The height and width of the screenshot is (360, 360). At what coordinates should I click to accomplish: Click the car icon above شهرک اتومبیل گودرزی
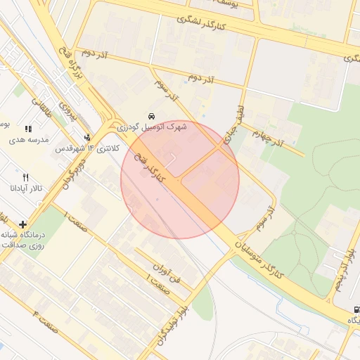pyautogui.click(x=151, y=116)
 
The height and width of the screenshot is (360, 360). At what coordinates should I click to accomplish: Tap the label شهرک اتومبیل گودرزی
pyautogui.click(x=151, y=127)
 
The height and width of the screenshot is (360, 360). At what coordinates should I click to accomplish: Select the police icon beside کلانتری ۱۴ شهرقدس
pyautogui.click(x=87, y=138)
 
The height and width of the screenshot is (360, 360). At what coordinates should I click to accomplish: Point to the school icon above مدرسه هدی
pyautogui.click(x=28, y=129)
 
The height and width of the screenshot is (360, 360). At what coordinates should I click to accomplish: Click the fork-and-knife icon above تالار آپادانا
pyautogui.click(x=26, y=178)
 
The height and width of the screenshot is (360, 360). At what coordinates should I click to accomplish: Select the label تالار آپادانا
pyautogui.click(x=26, y=188)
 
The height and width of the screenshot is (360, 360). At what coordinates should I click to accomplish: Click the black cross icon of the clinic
pyautogui.click(x=24, y=224)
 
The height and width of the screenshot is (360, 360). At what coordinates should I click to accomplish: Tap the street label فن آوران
pyautogui.click(x=167, y=271)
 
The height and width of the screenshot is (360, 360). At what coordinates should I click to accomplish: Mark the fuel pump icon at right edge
pyautogui.click(x=356, y=309)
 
